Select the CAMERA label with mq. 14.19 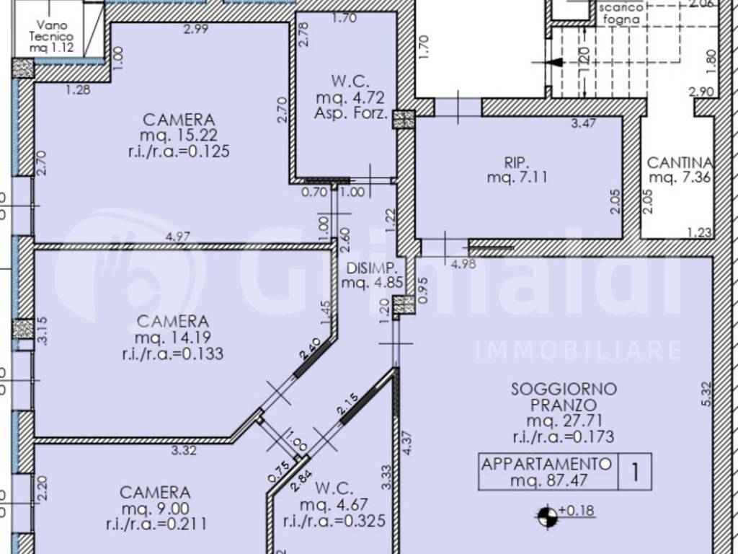tap(173, 321)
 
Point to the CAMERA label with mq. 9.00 tap(155, 493)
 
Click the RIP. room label tap(517, 162)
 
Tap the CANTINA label tap(680, 163)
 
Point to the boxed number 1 tap(635, 472)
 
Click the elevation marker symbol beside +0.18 tap(547, 515)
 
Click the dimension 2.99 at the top tap(195, 30)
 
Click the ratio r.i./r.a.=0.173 tap(564, 436)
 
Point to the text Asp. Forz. tap(351, 113)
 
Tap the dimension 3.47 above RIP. tap(583, 123)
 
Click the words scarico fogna tap(618, 14)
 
